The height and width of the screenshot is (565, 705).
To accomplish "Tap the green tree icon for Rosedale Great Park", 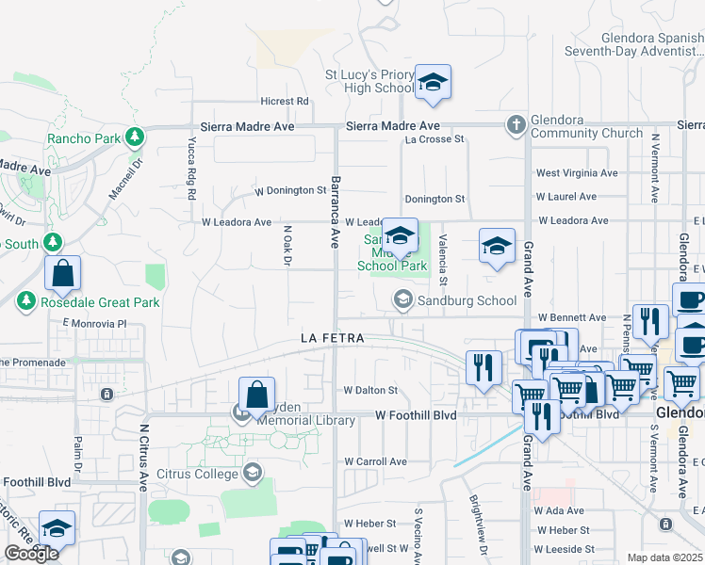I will [x=25, y=302].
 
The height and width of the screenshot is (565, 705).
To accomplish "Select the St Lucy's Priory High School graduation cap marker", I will [x=433, y=82].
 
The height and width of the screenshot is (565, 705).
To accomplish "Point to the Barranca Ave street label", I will [x=334, y=211].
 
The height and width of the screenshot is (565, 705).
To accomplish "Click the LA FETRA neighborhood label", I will [x=332, y=337].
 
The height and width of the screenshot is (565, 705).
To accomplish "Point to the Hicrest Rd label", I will [x=285, y=101].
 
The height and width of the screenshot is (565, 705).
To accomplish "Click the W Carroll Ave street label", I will [x=375, y=461].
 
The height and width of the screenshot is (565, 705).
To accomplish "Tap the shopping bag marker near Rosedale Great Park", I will [x=62, y=275].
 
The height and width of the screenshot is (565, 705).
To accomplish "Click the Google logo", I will [x=31, y=554].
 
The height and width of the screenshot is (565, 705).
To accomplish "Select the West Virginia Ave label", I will [x=577, y=173].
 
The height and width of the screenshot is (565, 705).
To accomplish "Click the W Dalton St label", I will [x=370, y=390].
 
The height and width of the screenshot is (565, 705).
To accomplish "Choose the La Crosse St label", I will [x=434, y=139].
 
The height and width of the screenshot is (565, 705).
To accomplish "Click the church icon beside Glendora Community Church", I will [x=516, y=124].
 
